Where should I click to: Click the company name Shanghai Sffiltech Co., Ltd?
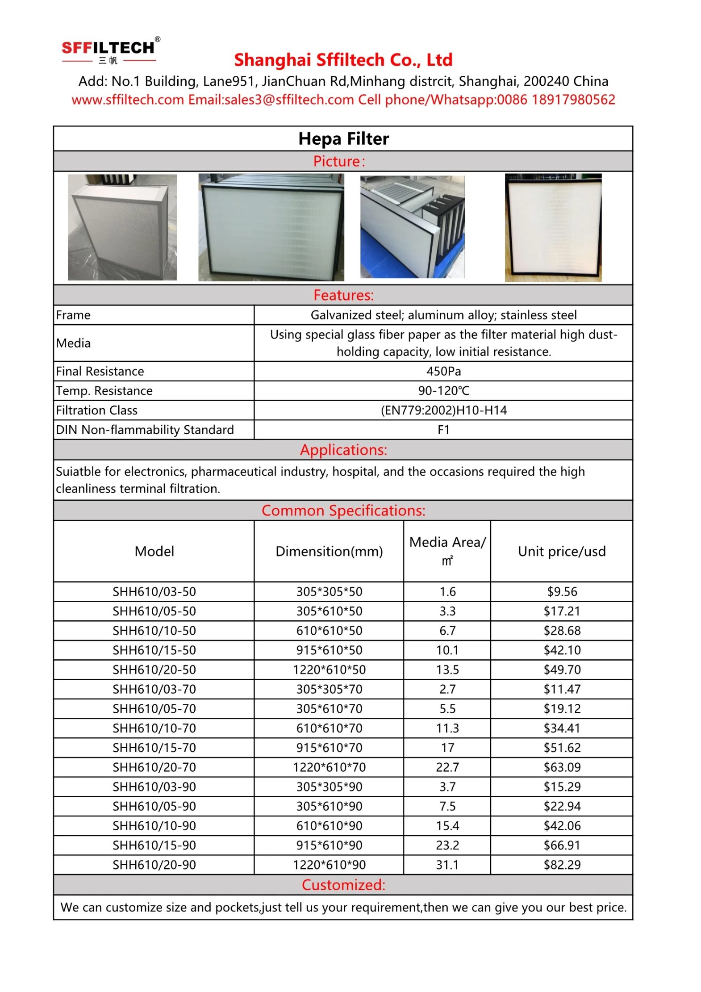(343, 60)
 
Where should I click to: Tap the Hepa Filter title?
(343, 139)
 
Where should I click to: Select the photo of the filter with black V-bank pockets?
(412, 227)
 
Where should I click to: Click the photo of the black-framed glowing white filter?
(553, 228)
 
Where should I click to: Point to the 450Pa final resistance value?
(443, 371)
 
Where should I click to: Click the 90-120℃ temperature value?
(443, 391)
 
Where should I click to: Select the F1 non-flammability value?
(443, 430)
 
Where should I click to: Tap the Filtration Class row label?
(97, 410)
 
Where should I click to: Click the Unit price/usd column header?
(561, 551)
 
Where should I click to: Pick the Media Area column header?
(447, 551)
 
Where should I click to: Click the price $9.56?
(562, 591)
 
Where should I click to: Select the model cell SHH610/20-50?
(154, 670)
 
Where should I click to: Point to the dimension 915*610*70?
(329, 748)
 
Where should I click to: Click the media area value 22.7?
(447, 767)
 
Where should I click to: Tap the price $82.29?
(562, 865)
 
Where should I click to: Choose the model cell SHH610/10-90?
(154, 826)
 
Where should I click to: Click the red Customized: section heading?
(343, 885)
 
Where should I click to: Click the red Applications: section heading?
(343, 450)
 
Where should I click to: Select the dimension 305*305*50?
(329, 591)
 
